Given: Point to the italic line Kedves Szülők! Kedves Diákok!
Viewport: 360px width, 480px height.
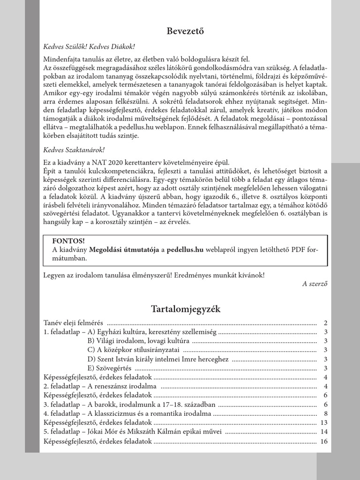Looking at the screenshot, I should point(89,47).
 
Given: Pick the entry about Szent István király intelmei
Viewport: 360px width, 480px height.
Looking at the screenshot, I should point(158,359).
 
